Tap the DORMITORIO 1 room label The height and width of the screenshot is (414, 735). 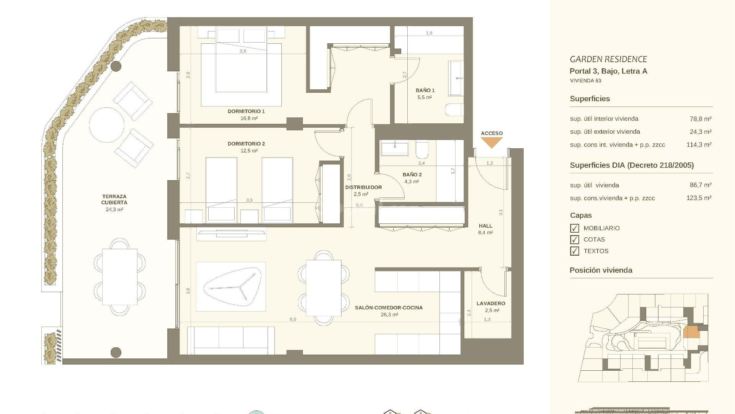click(246, 112)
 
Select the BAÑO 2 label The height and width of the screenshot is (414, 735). click(412, 175)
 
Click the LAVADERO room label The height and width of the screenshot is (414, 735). click(491, 304)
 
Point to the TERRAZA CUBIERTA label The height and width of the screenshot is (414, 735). click(114, 199)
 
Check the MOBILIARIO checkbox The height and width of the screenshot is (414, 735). click(575, 228)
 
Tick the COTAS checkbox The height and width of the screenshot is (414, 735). click(575, 240)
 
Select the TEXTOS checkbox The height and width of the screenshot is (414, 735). click(575, 251)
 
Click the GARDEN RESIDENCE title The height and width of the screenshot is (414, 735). click(608, 59)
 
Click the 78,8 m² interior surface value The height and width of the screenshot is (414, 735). click(700, 119)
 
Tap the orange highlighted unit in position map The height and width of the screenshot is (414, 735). click(691, 332)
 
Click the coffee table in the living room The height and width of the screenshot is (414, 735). click(231, 287)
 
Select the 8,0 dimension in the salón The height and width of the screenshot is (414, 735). click(292, 320)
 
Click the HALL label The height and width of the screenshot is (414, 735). click(485, 226)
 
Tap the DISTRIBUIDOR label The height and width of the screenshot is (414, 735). click(363, 187)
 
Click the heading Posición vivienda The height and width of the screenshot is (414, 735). click(601, 270)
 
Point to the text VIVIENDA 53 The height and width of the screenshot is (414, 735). click(585, 81)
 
